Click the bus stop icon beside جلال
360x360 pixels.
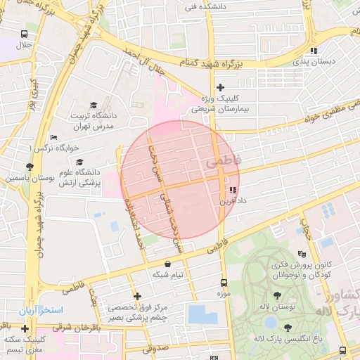click(25, 34)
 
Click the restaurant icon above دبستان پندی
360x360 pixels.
click(314, 51)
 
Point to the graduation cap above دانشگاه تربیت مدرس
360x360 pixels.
click(94, 105)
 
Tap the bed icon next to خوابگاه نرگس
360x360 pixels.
click(54, 138)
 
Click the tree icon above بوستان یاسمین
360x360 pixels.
click(30, 167)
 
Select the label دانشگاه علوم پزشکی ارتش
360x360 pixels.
click(77, 177)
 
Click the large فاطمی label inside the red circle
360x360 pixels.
click(223, 162)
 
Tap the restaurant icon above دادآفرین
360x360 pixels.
click(232, 190)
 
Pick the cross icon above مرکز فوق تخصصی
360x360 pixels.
click(137, 296)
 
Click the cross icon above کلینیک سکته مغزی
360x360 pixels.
click(25, 328)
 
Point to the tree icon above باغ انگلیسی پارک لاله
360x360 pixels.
click(288, 327)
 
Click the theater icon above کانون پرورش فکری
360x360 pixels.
click(302, 254)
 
